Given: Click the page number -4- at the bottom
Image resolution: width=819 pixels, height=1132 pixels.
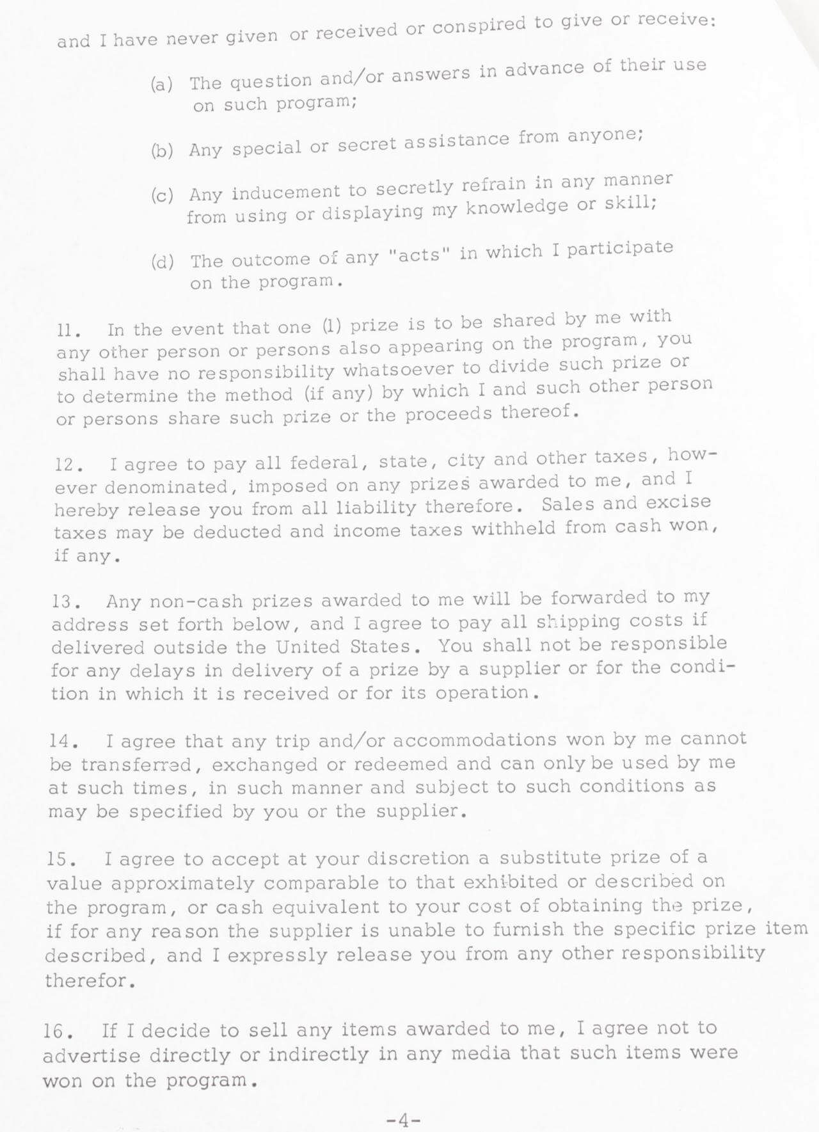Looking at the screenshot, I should pos(403,1120).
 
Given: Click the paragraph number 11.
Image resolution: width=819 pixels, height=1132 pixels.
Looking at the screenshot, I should pos(68,331).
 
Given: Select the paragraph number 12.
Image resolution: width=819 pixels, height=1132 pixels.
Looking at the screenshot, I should pos(67,465).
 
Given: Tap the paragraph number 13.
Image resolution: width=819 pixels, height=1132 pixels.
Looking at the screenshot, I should pos(65,603).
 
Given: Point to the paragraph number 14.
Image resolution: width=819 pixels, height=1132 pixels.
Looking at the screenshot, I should pos(63,742).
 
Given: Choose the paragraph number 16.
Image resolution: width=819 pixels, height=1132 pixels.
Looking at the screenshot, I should pos(59,1032).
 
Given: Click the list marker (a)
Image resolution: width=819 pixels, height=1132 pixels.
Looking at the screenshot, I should pos(162,85).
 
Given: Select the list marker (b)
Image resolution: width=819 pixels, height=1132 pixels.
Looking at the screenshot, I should pos(162,151).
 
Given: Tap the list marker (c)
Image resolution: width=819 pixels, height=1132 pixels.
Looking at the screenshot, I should pos(162,195).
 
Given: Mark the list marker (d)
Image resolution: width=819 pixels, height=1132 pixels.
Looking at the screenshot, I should pos(163,262).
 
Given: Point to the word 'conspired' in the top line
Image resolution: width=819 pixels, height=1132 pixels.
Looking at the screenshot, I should pos(479,26).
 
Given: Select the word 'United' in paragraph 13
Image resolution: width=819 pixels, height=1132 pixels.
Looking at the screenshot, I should pos(308,647).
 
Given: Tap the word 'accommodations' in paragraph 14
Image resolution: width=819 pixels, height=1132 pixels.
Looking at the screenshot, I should pos(474,740).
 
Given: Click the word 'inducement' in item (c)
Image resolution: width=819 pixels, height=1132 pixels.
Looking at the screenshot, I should pos(286,192).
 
